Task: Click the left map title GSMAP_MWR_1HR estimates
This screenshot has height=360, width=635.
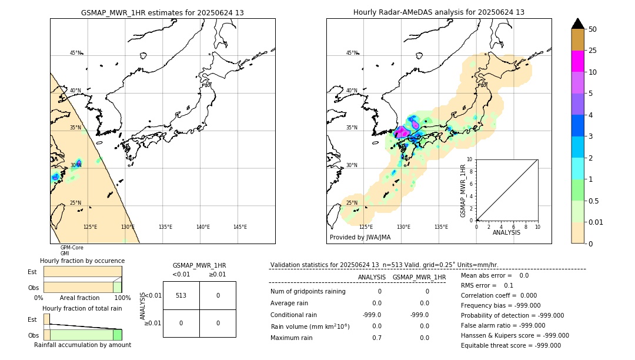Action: click(162, 12)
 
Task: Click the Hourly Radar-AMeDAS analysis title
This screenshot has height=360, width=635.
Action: click(439, 12)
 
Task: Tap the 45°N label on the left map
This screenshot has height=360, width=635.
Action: click(75, 53)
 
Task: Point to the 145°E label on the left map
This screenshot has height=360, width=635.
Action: click(240, 227)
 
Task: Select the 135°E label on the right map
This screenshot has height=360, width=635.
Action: click(441, 227)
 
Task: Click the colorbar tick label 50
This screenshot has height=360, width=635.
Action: click(593, 29)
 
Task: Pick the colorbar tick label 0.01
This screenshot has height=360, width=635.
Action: click(596, 222)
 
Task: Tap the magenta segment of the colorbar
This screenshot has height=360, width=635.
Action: click(577, 61)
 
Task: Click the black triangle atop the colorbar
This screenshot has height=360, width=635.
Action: click(577, 24)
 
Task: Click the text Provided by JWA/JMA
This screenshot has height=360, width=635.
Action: click(360, 238)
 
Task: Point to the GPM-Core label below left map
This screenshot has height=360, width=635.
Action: click(72, 248)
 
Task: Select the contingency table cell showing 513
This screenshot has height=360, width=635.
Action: click(181, 295)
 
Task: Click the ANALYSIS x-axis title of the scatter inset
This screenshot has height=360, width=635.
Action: click(506, 232)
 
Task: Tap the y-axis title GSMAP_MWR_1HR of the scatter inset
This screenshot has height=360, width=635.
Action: click(463, 191)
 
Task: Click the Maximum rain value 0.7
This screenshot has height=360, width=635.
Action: click(376, 338)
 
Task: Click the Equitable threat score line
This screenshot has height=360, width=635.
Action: click(511, 345)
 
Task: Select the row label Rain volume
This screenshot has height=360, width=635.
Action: click(310, 326)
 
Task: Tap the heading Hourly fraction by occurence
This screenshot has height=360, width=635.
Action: click(82, 261)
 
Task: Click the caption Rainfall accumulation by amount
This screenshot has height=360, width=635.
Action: click(82, 345)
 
